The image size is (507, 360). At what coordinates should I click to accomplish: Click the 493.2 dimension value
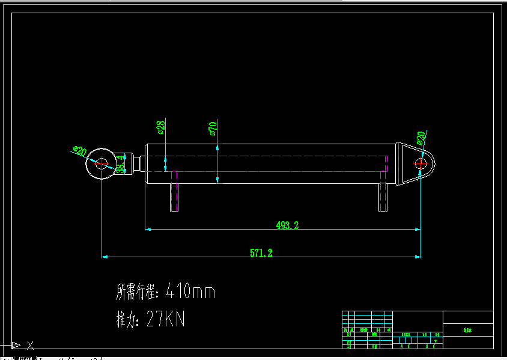point(287,225)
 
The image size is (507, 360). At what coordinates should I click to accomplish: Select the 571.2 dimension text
point(261,253)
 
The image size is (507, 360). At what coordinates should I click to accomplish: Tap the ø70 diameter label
point(213,128)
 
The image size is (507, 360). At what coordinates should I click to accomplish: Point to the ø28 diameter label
point(160,127)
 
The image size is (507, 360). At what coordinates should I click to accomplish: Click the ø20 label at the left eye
point(79,150)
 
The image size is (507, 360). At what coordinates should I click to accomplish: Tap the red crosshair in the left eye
point(101,162)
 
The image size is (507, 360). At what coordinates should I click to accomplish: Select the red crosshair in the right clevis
point(421,163)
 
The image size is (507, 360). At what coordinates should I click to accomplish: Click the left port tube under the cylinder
point(174,192)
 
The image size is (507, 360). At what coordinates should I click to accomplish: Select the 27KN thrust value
point(166,320)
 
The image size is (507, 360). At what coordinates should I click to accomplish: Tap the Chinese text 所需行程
point(136,292)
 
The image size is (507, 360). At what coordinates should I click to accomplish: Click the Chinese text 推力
point(127,320)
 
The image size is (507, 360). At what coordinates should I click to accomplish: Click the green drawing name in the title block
point(468,330)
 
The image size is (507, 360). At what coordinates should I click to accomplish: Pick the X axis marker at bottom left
point(30,345)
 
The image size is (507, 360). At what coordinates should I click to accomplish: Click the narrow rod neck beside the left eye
point(137,163)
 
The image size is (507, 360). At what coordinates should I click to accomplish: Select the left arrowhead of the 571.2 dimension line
point(104,257)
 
